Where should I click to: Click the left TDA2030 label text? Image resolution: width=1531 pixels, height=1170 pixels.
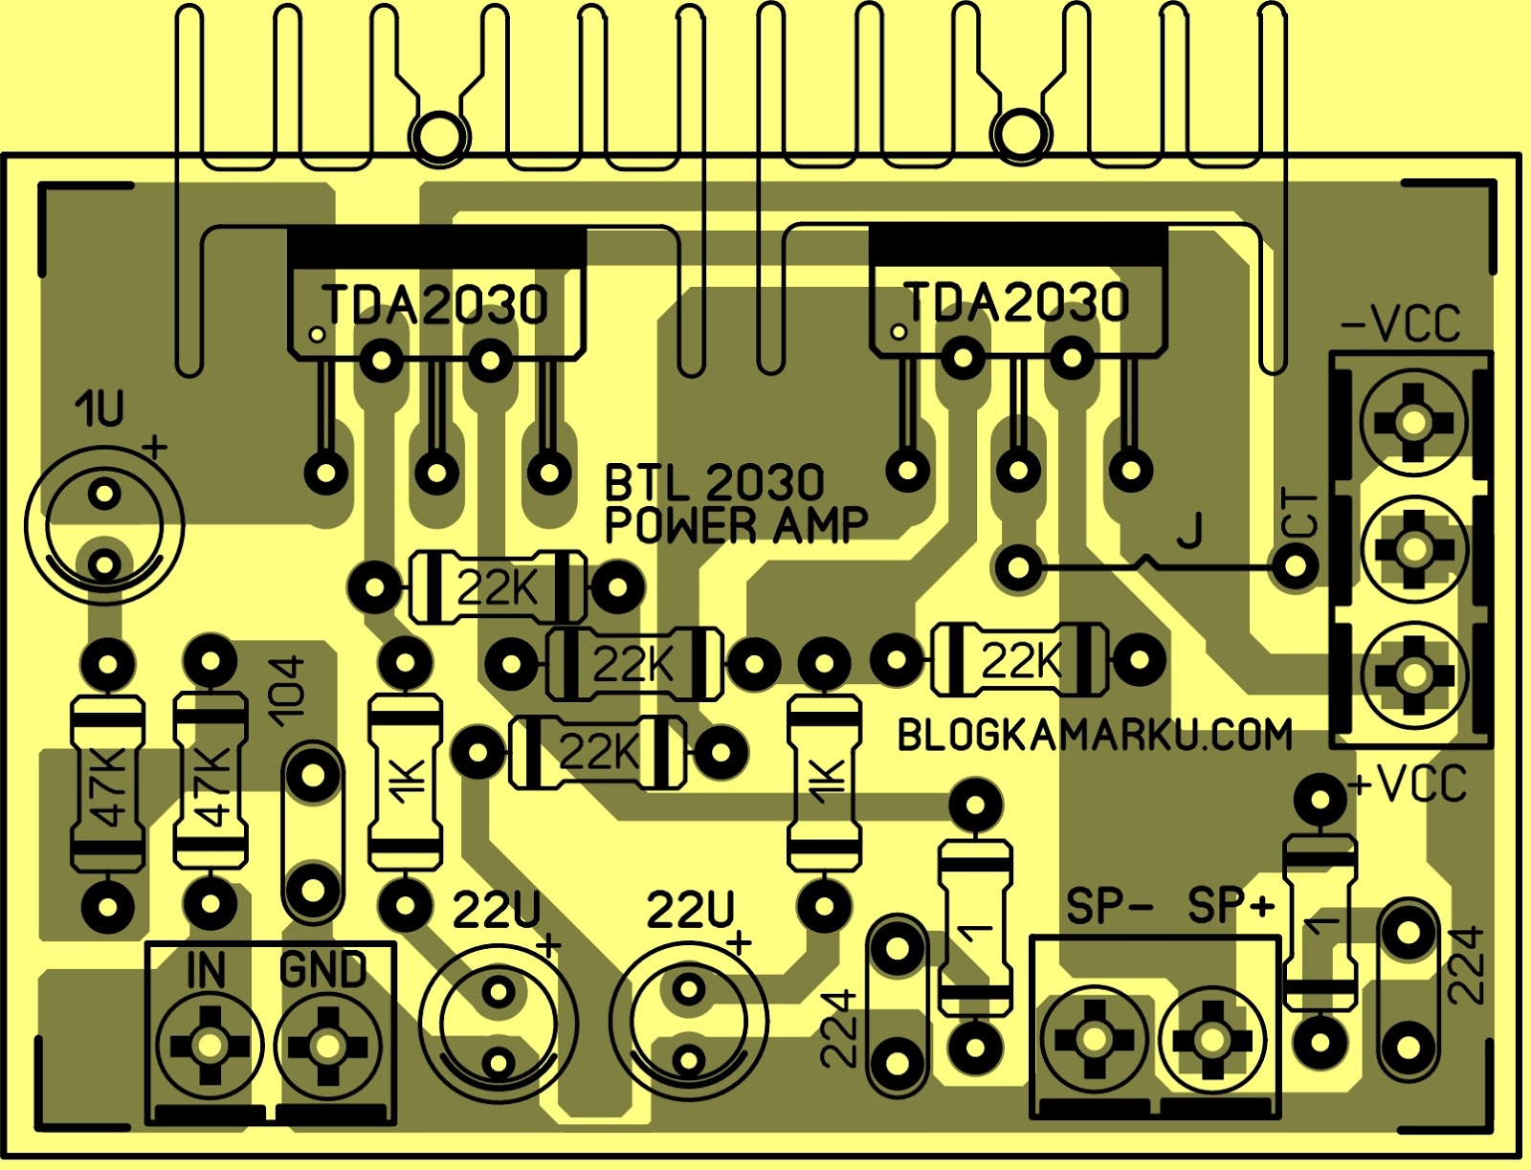[436, 304]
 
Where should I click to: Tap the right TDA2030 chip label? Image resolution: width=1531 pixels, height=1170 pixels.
[1017, 301]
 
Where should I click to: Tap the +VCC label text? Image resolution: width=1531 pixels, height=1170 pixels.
[1408, 784]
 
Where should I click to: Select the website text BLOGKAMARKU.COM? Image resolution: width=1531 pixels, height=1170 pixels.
[1095, 735]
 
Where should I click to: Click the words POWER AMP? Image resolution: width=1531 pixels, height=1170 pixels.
[736, 525]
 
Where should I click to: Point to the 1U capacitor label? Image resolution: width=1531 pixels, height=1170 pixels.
[100, 409]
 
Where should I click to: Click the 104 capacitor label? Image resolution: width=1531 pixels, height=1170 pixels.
[286, 690]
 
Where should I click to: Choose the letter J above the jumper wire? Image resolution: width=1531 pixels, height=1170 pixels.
[1189, 531]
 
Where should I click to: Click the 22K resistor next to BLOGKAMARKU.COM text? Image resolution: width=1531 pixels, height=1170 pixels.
[1020, 659]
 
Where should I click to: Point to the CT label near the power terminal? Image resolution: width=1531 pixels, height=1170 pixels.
[1300, 514]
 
